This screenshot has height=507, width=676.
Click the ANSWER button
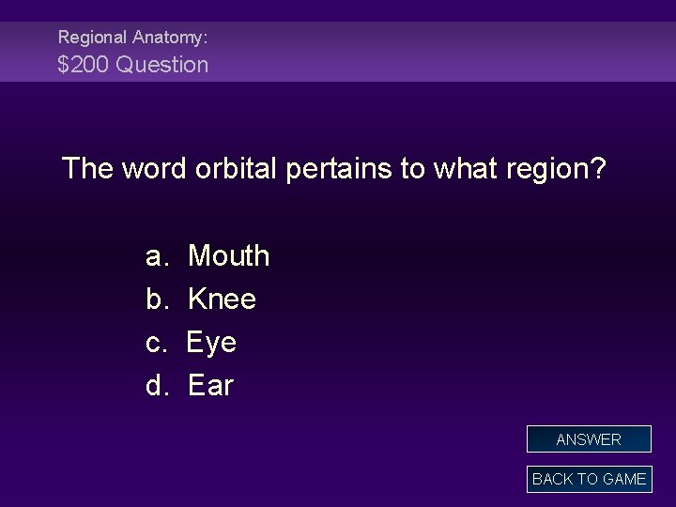click(x=589, y=439)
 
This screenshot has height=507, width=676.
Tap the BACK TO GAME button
click(x=589, y=479)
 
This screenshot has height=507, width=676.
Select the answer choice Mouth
click(x=228, y=255)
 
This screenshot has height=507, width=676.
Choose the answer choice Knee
click(x=222, y=299)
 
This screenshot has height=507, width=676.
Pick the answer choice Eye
click(x=211, y=343)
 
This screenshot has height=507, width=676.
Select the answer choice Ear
click(x=210, y=385)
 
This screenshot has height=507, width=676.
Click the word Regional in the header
click(x=92, y=38)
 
